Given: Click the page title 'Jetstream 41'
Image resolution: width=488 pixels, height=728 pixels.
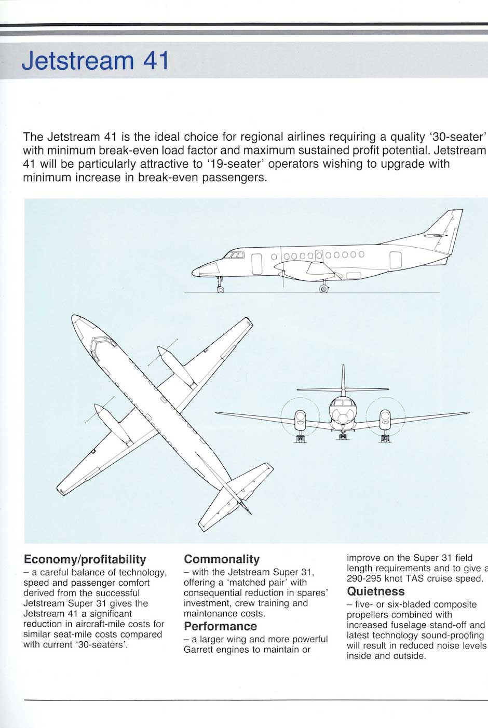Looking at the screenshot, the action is pos(96,61).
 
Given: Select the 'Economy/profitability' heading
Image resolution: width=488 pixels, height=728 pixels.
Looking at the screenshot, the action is pos(85,559).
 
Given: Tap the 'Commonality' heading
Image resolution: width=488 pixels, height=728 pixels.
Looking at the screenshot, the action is pos(222,559).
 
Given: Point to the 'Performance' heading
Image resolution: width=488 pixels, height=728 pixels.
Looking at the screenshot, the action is pos(220,626).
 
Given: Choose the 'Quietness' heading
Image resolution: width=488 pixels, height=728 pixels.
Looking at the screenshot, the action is pos(375,591).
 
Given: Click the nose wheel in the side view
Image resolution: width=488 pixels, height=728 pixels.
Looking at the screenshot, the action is pos(220,289).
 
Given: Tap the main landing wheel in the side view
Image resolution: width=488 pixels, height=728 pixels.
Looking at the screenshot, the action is pos(323,289).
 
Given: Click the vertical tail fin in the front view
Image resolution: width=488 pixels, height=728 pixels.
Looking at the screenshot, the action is pos(343,379).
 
